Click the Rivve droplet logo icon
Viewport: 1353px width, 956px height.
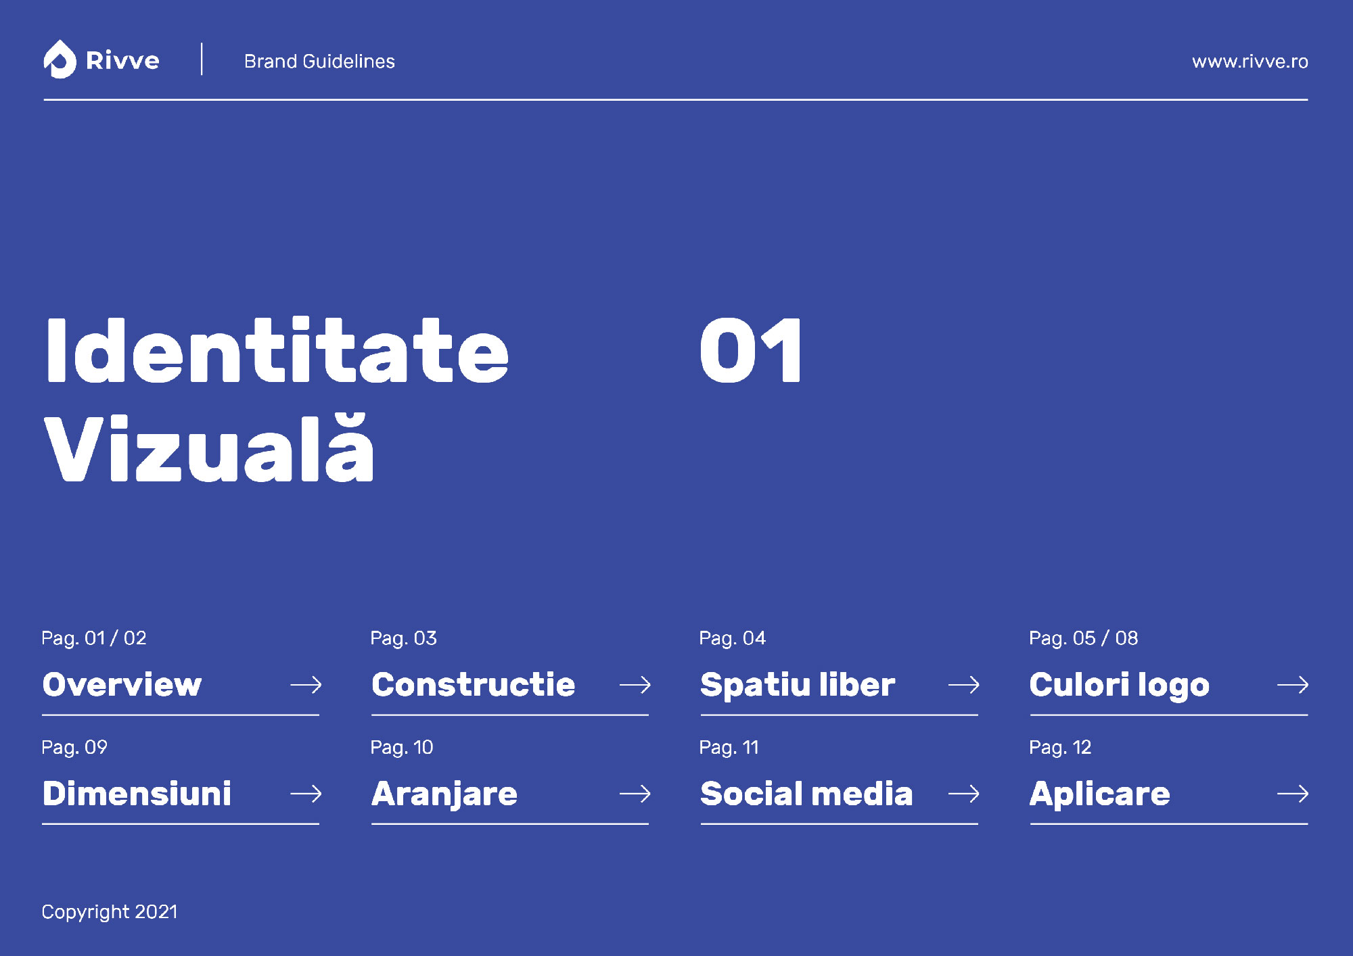click(60, 59)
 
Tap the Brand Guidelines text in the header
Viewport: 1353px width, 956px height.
click(319, 62)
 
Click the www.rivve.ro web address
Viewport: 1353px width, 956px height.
click(1249, 62)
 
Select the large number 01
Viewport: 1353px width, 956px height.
click(751, 350)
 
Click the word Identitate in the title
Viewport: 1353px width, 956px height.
click(277, 350)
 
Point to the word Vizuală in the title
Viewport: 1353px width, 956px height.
click(209, 448)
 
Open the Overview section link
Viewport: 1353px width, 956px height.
click(122, 684)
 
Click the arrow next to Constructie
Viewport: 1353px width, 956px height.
click(635, 685)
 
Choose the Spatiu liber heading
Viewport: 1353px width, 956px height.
click(798, 685)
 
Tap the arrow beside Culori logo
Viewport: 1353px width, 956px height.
click(1293, 685)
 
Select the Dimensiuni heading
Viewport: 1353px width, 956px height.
click(137, 793)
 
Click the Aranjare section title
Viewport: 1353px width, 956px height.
click(444, 794)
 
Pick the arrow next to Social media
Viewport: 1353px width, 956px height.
click(964, 793)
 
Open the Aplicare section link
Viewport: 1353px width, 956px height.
click(1099, 794)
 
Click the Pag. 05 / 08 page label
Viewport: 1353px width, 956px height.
click(1083, 638)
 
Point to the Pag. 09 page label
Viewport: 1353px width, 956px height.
click(74, 747)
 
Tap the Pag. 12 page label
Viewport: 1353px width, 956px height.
click(1060, 747)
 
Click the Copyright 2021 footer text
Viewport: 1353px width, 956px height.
click(110, 912)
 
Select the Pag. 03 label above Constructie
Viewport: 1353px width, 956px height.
click(403, 638)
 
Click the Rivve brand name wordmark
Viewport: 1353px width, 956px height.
click(122, 61)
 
